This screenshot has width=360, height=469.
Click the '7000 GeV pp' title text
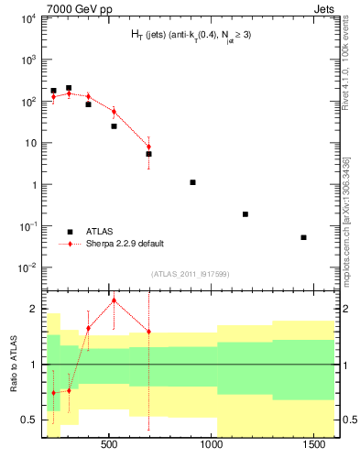68,7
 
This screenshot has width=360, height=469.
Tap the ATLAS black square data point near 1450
303,237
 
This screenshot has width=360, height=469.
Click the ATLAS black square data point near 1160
245,214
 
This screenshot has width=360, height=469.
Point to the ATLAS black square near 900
192,182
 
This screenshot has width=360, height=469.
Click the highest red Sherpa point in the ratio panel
114,300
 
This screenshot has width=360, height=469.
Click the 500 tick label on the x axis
109,444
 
